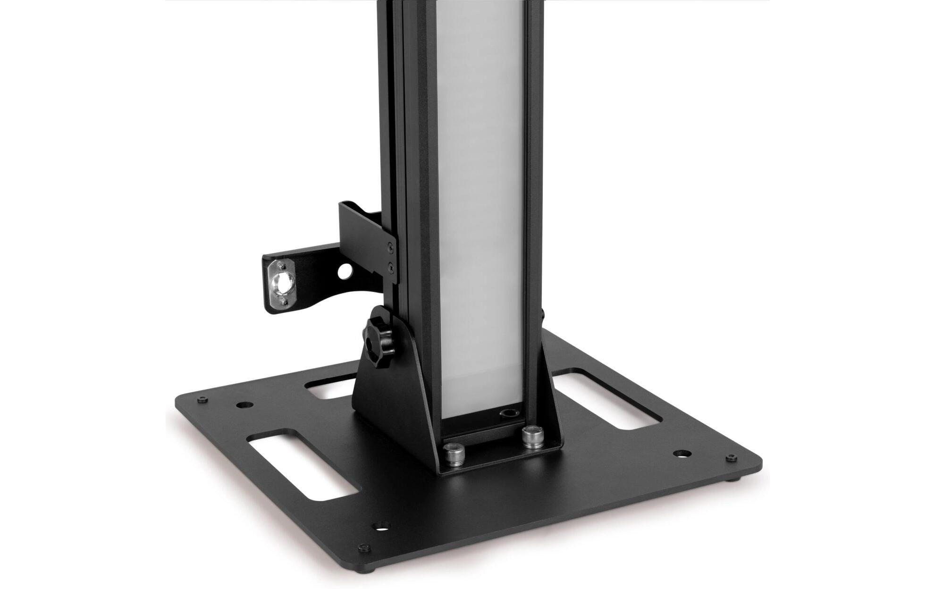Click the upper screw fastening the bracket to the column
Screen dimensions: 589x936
[390, 245]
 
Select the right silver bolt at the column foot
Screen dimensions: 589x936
[531, 436]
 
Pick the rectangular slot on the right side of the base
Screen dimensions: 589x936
[607, 399]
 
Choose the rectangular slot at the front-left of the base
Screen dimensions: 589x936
[302, 465]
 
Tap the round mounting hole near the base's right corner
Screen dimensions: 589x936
[681, 454]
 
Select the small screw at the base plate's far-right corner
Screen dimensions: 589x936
[731, 458]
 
